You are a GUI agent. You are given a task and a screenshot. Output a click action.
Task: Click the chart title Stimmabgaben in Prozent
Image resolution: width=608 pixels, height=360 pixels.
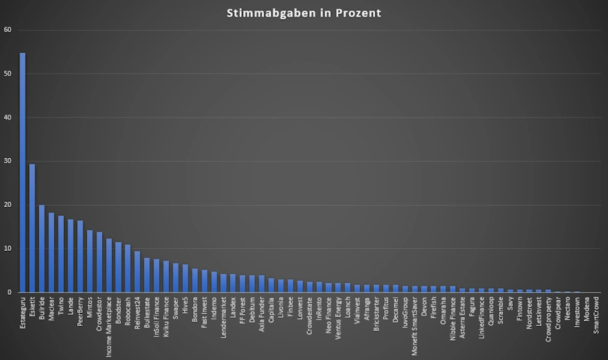pos(304,13)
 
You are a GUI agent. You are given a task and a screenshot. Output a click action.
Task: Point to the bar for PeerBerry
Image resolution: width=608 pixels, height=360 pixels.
pos(80,256)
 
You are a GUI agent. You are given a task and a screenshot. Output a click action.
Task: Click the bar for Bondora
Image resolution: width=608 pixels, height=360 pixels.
pos(195,281)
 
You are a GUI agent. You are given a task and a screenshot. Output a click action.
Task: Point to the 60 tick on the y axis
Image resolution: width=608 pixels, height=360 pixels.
pos(8,30)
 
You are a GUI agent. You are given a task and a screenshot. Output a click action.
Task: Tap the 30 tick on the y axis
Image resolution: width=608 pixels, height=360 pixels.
pos(8,161)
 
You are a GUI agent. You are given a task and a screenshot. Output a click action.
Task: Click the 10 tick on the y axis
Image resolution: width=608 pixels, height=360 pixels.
pos(8,249)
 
